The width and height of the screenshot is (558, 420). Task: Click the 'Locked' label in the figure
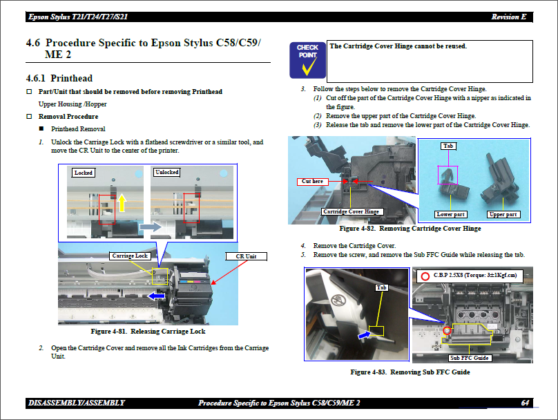click(84, 173)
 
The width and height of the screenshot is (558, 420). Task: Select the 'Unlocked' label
click(166, 172)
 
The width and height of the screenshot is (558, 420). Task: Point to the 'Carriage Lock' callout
click(130, 256)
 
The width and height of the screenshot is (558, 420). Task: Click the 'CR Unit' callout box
click(246, 256)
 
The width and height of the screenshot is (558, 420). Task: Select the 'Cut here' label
click(312, 182)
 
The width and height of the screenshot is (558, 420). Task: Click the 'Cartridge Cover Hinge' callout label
click(352, 211)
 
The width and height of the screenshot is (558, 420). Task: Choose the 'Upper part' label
click(502, 214)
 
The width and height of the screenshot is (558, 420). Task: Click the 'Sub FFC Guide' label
click(470, 358)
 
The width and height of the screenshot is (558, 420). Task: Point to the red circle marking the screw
click(447, 331)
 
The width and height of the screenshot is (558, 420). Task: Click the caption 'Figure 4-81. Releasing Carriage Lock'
click(148, 332)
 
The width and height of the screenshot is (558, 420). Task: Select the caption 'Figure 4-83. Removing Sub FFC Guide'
click(410, 372)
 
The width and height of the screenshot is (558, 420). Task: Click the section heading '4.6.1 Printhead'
click(59, 78)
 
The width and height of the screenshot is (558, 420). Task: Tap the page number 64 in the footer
click(526, 403)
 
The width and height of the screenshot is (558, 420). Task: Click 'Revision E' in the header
click(509, 17)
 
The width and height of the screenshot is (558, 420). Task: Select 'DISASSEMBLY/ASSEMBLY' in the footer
click(76, 403)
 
